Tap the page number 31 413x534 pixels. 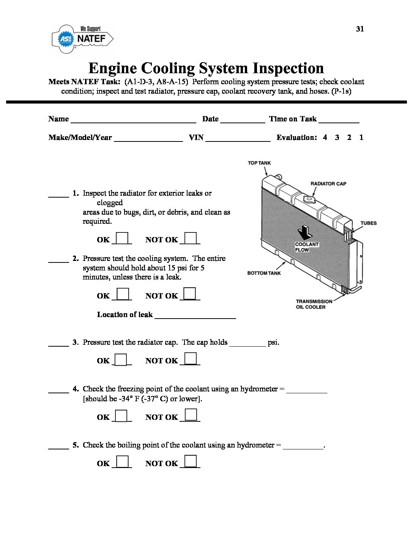coord(360,29)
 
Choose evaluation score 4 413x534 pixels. coord(325,137)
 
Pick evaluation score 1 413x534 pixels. coord(361,137)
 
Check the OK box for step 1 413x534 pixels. coord(122,238)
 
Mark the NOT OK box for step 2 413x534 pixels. coord(190,294)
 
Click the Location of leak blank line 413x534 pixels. coord(195,315)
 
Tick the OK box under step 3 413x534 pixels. coord(121,359)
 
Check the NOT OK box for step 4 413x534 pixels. coord(191,415)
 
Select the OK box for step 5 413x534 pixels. coord(122,462)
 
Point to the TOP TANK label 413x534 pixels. coord(259,163)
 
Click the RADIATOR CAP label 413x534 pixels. coord(328,184)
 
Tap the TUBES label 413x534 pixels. coord(369,223)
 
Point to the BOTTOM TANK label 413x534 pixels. coord(264,273)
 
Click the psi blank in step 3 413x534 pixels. coord(247,343)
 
